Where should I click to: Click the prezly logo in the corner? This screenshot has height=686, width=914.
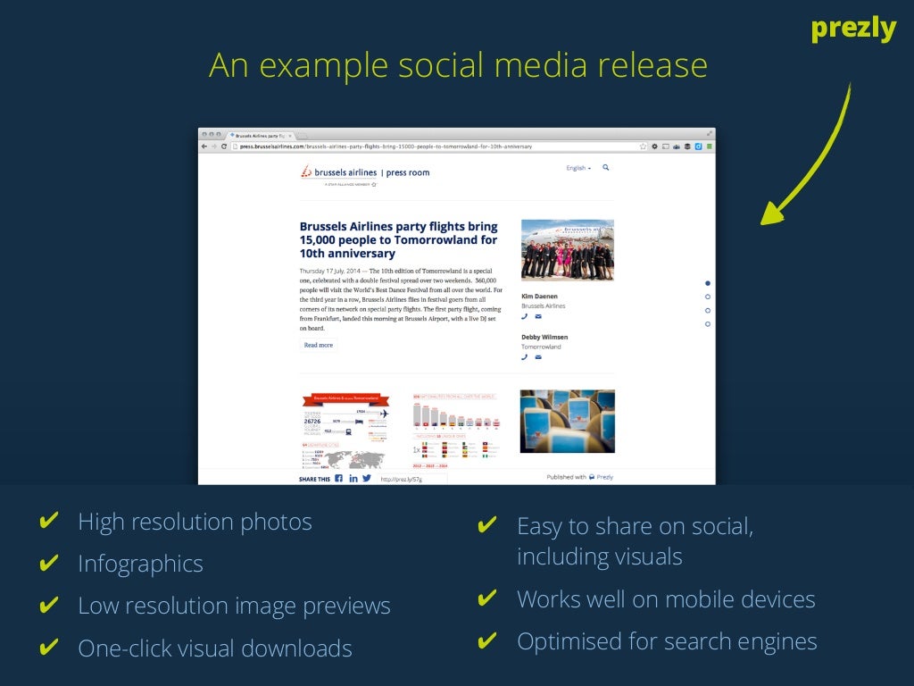click(x=852, y=29)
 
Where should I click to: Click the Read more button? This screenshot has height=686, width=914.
click(x=318, y=345)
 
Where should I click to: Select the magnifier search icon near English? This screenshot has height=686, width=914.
click(x=606, y=167)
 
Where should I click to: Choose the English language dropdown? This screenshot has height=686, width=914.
click(x=578, y=168)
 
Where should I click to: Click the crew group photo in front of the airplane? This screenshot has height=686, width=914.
click(x=567, y=250)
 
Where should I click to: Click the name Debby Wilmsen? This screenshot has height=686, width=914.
click(x=544, y=337)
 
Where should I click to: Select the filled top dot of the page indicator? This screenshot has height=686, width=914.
click(x=708, y=283)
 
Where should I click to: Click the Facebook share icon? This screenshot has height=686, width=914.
click(x=338, y=478)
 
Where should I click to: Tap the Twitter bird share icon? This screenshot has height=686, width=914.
click(x=367, y=478)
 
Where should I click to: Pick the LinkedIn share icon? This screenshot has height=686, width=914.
click(x=353, y=478)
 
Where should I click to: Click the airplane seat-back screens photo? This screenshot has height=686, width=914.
click(x=567, y=421)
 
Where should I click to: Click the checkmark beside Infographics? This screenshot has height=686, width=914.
click(x=50, y=564)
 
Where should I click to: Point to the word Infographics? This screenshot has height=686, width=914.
click(x=140, y=564)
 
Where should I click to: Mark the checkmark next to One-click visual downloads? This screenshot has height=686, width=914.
click(x=50, y=648)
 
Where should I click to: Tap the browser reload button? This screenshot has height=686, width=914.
click(x=224, y=146)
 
